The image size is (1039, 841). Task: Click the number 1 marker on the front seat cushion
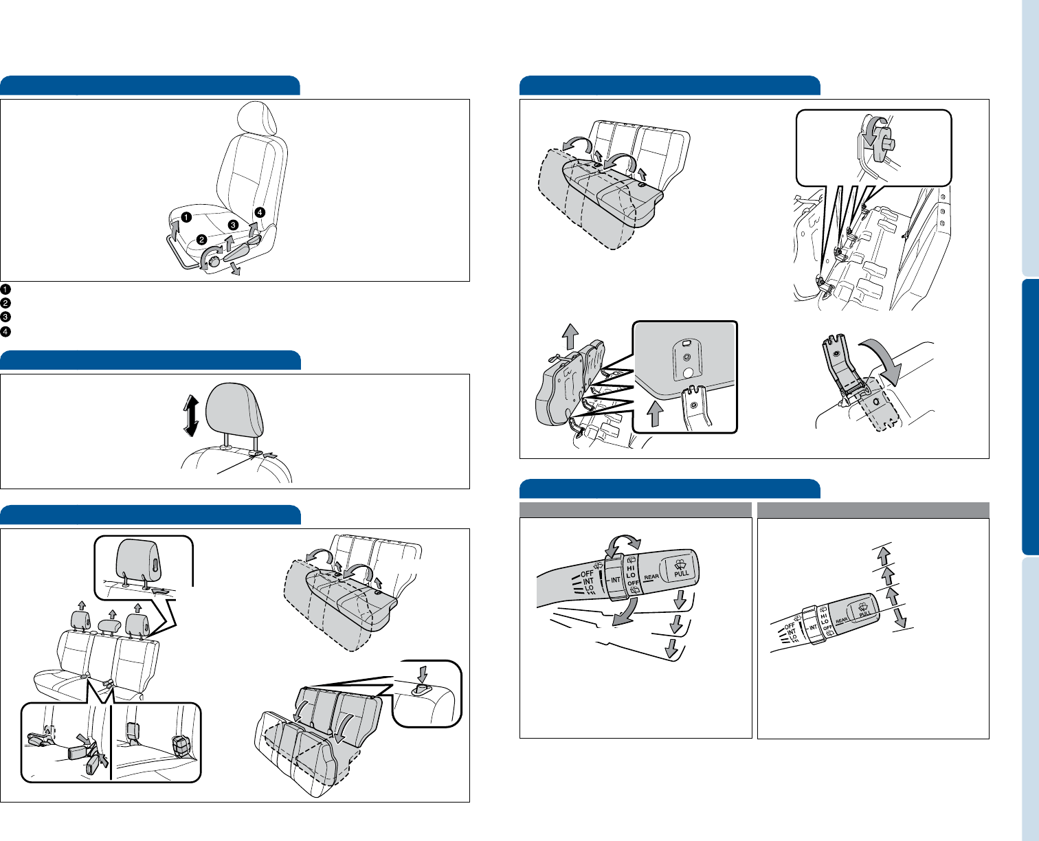pyautogui.click(x=186, y=217)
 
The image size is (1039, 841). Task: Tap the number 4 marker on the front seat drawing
pyautogui.click(x=260, y=212)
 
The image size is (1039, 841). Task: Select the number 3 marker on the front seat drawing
pyautogui.click(x=233, y=225)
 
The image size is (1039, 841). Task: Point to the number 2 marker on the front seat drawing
pyautogui.click(x=201, y=240)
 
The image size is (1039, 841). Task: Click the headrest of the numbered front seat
pyautogui.click(x=256, y=117)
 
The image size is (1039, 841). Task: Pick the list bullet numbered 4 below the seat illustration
pyautogui.click(x=5, y=332)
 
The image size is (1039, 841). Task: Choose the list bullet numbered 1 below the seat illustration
pyautogui.click(x=5, y=289)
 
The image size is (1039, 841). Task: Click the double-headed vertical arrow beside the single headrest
pyautogui.click(x=191, y=416)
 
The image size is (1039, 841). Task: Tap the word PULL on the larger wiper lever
pyautogui.click(x=682, y=574)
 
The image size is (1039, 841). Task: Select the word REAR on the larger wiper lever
pyautogui.click(x=651, y=577)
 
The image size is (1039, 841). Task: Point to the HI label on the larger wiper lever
pyautogui.click(x=631, y=568)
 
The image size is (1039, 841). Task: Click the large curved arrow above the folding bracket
pyautogui.click(x=885, y=361)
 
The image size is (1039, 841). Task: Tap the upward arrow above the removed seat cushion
pyautogui.click(x=570, y=336)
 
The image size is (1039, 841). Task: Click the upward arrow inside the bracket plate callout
pyautogui.click(x=655, y=413)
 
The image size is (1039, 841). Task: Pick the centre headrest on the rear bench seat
pyautogui.click(x=110, y=625)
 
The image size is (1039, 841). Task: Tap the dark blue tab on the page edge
pyautogui.click(x=1030, y=417)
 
